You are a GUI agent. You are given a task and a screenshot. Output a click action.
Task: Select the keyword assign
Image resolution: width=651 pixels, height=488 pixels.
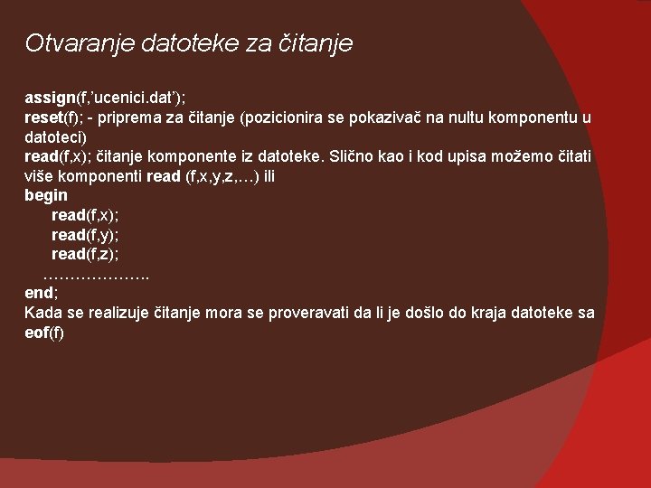point(50,98)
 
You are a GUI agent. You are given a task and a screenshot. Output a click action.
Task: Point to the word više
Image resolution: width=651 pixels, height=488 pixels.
point(41,176)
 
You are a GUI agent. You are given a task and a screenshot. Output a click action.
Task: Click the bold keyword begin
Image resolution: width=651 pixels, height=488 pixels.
point(46,195)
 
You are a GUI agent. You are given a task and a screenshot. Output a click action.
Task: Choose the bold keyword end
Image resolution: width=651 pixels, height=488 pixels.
point(40,293)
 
